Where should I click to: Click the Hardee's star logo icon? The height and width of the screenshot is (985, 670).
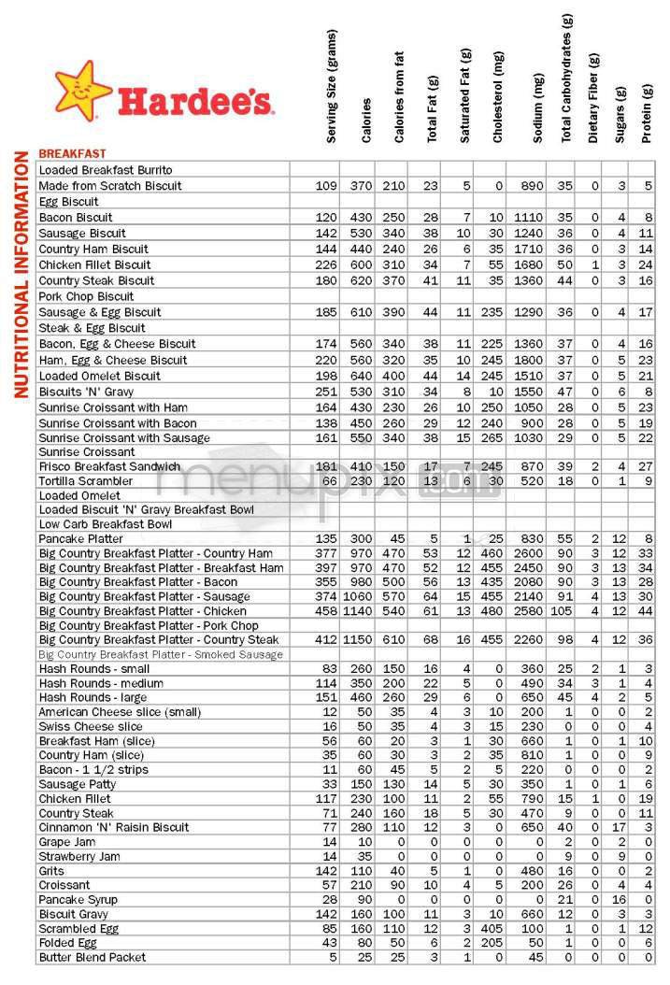[x=83, y=90]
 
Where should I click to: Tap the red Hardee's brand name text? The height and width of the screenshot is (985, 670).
[x=193, y=101]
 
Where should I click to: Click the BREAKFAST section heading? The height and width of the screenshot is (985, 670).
[x=72, y=153]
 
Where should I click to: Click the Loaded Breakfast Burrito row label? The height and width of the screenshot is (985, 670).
[x=99, y=170]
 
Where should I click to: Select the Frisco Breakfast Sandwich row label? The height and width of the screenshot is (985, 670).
[x=108, y=465]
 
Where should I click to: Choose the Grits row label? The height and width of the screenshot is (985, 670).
[x=51, y=869]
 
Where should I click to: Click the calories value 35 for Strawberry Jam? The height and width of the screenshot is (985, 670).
[x=364, y=855]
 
